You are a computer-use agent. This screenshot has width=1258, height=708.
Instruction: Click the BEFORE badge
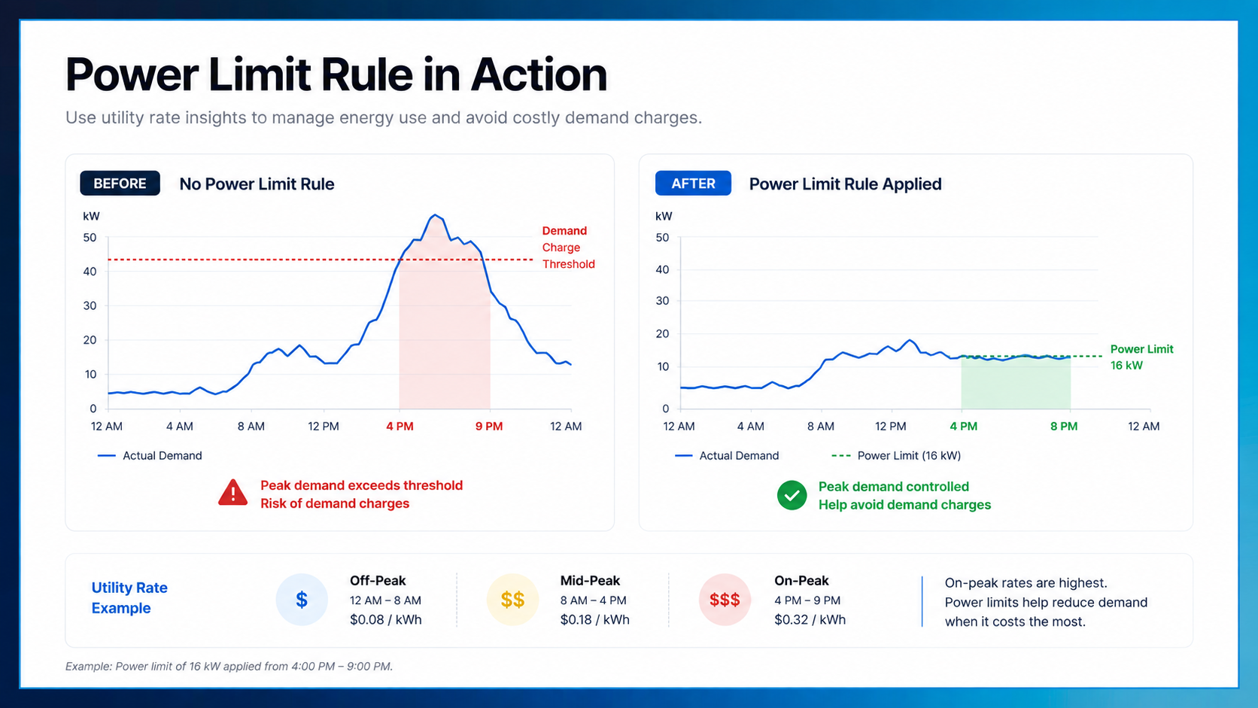[x=120, y=184]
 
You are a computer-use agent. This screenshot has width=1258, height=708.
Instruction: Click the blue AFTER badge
[x=693, y=184]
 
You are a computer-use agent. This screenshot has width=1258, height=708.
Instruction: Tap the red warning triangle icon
[x=233, y=493]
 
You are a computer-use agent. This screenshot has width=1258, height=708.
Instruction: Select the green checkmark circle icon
[x=792, y=495]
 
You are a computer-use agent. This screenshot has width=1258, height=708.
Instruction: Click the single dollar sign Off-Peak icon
[x=302, y=600]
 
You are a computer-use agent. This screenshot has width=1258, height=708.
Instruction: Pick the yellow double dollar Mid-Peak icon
[x=512, y=600]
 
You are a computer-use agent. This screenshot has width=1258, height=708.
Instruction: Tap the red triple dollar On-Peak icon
[x=725, y=600]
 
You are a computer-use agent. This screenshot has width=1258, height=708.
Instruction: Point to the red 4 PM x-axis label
[x=400, y=427]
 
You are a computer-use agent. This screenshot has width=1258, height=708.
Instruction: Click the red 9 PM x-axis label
[x=489, y=427]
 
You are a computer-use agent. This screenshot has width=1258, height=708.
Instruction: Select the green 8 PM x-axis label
[x=1064, y=427]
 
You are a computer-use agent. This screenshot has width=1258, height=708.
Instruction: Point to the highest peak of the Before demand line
[x=435, y=215]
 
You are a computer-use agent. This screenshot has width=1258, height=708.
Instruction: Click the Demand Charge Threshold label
[x=568, y=248]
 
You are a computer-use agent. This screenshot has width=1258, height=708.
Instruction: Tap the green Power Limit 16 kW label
[x=1141, y=357]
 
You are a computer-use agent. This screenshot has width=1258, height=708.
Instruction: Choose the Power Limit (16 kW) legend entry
[x=896, y=456]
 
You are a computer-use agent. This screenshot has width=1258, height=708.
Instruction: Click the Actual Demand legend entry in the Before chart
[x=150, y=456]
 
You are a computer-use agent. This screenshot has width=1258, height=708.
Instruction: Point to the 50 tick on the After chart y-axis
[x=663, y=238]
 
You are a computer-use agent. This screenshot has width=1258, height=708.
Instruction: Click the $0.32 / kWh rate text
[x=810, y=620]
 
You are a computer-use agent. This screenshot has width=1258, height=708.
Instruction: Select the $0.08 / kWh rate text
[x=386, y=620]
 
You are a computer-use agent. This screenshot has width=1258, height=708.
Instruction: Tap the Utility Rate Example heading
[x=129, y=598]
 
